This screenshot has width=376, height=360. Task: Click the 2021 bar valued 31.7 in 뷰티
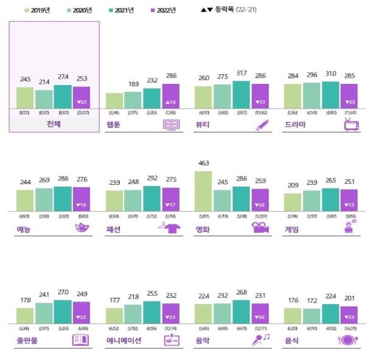point(241,94)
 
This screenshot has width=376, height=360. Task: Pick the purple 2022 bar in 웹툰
point(171,97)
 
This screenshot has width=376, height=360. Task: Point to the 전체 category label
point(54,124)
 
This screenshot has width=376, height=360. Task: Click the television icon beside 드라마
point(352,125)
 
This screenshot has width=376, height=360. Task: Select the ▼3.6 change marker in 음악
point(260,317)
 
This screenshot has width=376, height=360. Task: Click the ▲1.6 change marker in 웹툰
point(171,102)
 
